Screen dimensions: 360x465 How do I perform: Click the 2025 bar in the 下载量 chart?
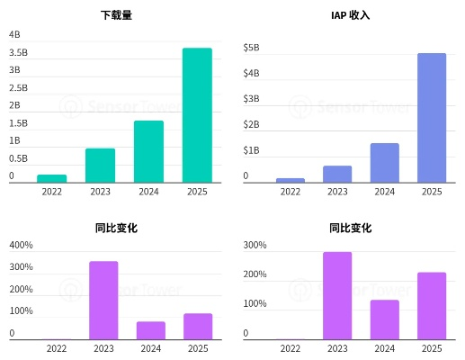pyautogui.click(x=197, y=115)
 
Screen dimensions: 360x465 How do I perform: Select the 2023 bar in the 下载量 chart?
pyautogui.click(x=100, y=166)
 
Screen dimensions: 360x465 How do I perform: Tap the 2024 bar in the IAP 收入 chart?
pyautogui.click(x=384, y=163)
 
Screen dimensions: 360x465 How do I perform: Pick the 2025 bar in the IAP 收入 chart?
pyautogui.click(x=432, y=118)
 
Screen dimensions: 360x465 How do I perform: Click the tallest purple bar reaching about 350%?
pyautogui.click(x=103, y=300)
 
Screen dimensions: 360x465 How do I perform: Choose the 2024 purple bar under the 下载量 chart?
pyautogui.click(x=150, y=330)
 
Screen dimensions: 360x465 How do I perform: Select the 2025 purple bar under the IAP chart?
pyautogui.click(x=432, y=306)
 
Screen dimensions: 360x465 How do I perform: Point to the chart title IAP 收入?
pyautogui.click(x=351, y=15)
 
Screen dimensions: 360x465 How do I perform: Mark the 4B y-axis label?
pyautogui.click(x=14, y=34)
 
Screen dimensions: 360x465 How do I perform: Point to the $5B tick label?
pyautogui.click(x=252, y=47)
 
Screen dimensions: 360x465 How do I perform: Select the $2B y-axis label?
pyautogui.click(x=252, y=124)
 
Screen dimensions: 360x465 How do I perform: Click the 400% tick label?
pyautogui.click(x=21, y=245)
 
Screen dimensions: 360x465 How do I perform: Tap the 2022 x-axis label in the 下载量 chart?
pyautogui.click(x=52, y=191)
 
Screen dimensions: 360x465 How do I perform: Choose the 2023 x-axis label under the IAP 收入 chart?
pyautogui.click(x=337, y=191)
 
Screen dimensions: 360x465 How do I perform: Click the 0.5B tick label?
pyautogui.click(x=19, y=158)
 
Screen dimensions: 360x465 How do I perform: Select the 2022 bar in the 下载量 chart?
pyautogui.click(x=52, y=178)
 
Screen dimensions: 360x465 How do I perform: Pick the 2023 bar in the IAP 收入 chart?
pyautogui.click(x=337, y=174)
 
